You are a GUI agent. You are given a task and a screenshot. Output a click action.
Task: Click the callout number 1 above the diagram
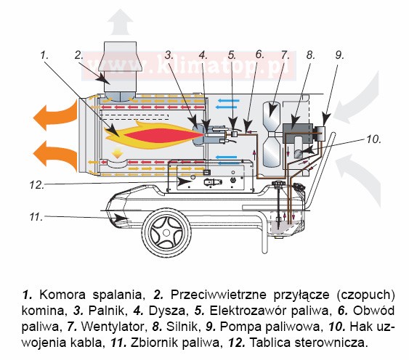point(44,55)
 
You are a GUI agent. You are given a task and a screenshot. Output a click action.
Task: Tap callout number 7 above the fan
point(285,55)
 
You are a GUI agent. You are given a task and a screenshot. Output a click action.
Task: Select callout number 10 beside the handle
point(374,139)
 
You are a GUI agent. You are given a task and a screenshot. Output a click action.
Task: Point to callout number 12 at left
point(36,185)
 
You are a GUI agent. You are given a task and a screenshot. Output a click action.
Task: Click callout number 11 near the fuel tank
point(36,216)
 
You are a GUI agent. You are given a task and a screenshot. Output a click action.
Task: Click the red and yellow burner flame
point(155,135)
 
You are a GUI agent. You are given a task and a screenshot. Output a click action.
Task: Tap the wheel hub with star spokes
point(166,232)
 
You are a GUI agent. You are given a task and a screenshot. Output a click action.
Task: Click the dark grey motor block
point(298,130)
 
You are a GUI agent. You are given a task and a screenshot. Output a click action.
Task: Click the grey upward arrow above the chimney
point(120,22)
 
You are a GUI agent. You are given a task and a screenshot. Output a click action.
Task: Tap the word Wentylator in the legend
point(113,326)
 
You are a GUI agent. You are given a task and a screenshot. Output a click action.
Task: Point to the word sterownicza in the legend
point(331,343)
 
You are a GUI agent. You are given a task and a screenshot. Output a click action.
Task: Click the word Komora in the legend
point(62,295)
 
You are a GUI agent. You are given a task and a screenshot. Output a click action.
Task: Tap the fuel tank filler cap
point(280,184)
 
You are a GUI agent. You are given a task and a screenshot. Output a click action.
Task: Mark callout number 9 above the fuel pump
point(339,55)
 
